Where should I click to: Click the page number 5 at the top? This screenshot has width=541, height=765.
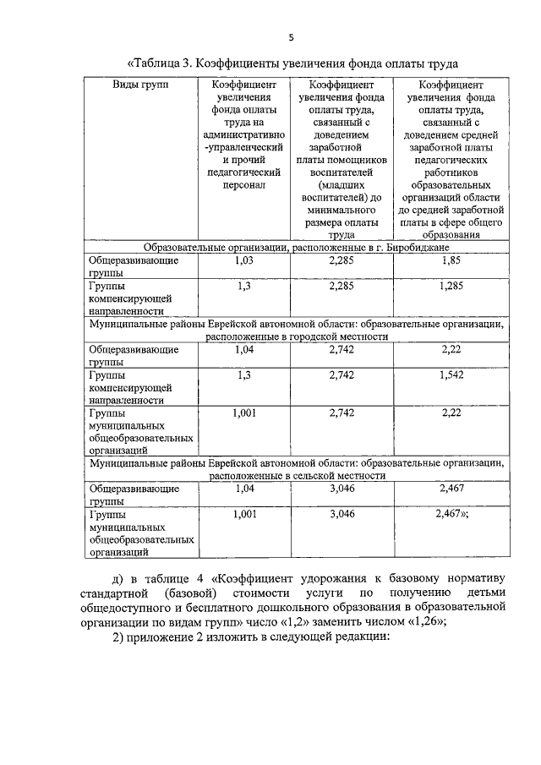pyautogui.click(x=290, y=37)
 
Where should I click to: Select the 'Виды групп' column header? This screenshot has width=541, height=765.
pyautogui.click(x=141, y=86)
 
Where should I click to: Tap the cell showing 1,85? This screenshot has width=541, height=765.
pyautogui.click(x=450, y=262)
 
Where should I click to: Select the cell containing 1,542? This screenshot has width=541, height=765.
pyautogui.click(x=450, y=374)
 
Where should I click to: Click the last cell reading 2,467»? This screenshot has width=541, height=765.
pyautogui.click(x=452, y=514)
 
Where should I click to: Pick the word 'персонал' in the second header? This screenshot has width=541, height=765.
pyautogui.click(x=244, y=181)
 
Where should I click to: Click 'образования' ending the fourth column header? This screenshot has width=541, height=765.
pyautogui.click(x=450, y=238)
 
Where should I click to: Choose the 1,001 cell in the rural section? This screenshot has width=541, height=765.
pyautogui.click(x=244, y=514)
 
